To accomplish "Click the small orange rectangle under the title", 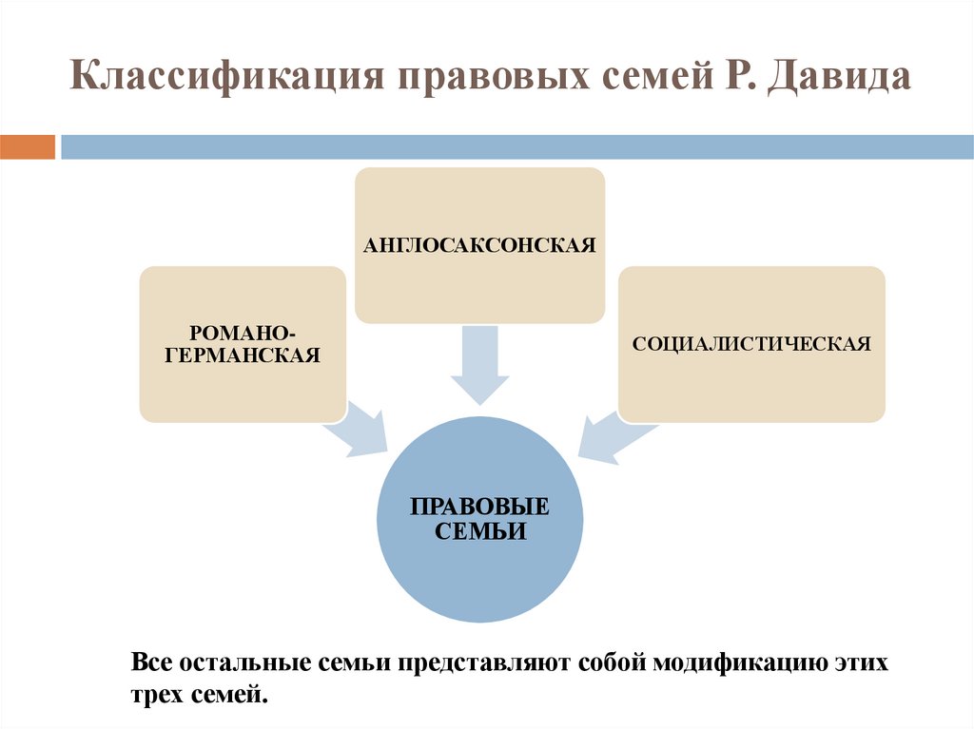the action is [x=28, y=147].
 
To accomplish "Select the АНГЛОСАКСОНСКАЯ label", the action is [x=479, y=245].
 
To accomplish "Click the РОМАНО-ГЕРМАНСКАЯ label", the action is [x=242, y=344].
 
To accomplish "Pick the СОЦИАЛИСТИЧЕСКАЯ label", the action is [x=751, y=343].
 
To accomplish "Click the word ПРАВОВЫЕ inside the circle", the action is [x=480, y=507].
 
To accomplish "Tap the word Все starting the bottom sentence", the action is [x=151, y=662].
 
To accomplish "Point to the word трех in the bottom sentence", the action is [x=155, y=695].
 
